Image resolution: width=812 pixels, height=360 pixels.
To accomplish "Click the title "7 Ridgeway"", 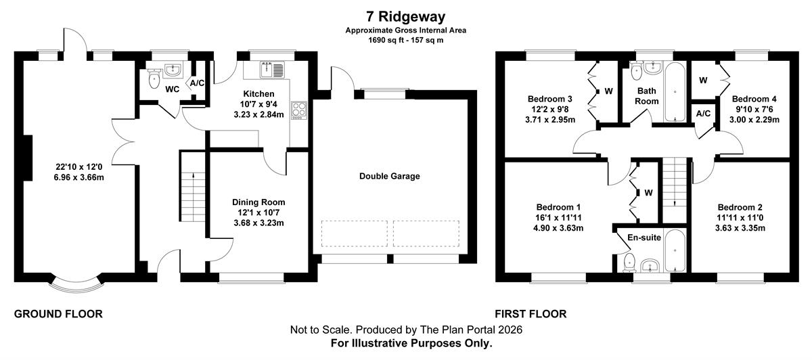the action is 405,17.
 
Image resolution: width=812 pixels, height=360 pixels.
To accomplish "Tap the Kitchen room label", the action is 258,94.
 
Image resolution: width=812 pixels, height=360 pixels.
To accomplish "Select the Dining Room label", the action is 258,202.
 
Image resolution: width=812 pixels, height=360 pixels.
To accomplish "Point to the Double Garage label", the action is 390,176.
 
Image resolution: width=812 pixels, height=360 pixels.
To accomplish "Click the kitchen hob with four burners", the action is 299,110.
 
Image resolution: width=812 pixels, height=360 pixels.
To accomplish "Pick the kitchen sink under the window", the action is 272,70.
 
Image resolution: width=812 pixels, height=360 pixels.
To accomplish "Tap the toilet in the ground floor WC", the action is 154,78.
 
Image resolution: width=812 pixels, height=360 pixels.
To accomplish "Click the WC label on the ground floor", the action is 172,89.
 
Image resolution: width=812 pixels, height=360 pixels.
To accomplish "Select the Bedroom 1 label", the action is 558,207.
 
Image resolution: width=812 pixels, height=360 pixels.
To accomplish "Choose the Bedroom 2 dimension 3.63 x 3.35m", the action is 740,228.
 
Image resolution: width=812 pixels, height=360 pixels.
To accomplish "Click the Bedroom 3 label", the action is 550,99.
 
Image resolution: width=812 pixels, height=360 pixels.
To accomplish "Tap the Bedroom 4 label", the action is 754,99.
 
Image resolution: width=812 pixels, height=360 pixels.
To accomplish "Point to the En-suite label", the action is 644,238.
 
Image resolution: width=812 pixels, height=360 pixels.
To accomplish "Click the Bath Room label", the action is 647,96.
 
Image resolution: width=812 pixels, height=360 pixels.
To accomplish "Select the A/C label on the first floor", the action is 703,114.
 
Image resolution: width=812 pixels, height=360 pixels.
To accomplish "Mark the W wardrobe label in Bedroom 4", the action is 703,81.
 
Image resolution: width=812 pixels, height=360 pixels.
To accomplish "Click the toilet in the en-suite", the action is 629,263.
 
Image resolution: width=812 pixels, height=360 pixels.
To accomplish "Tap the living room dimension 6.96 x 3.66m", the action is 78,177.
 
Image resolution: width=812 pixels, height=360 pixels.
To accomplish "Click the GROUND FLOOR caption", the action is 58,314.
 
